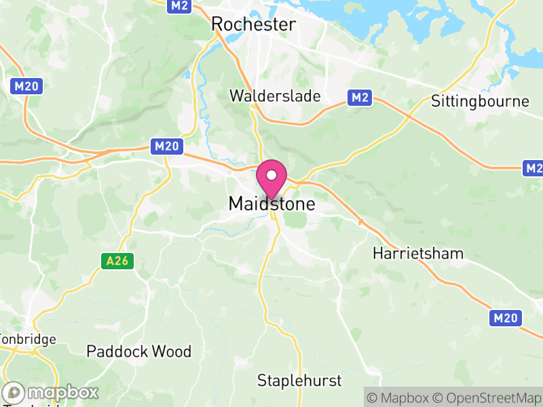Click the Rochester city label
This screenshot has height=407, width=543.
254,24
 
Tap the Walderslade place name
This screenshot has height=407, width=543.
275,96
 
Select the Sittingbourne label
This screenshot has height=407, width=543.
480,102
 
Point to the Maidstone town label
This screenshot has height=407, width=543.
271,203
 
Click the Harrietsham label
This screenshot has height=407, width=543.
418,254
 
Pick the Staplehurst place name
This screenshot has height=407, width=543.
299,380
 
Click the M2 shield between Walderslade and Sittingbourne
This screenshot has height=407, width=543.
360,98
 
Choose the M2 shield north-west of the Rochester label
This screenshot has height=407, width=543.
179,5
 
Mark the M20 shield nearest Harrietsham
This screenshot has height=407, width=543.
506,317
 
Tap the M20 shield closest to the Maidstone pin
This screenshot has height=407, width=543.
166,146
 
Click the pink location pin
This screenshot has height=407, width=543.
271,179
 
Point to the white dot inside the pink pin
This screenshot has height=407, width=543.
271,175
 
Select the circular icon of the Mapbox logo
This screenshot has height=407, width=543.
15,392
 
